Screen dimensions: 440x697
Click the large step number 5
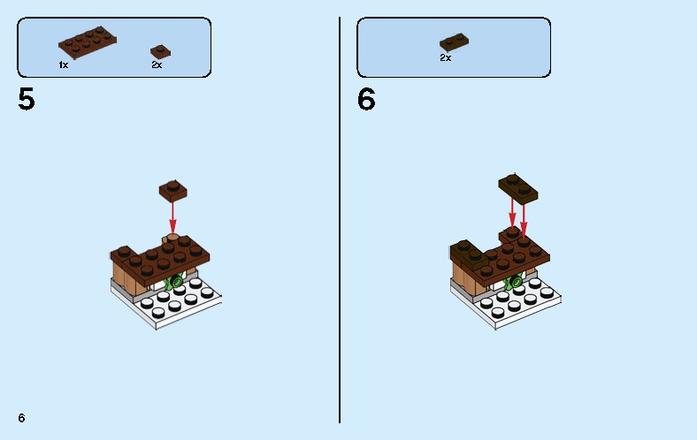click(27, 100)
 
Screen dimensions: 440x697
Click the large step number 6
click(366, 100)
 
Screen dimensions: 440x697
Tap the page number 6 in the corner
click(21, 417)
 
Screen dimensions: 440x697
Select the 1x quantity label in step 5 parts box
click(64, 65)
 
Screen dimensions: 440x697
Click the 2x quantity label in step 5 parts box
click(157, 65)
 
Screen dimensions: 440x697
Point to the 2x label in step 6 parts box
click(445, 58)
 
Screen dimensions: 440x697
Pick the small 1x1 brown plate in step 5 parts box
click(160, 51)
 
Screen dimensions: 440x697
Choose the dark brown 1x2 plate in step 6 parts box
click(454, 42)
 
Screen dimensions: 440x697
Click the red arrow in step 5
click(172, 215)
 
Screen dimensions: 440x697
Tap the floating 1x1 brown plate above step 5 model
click(172, 189)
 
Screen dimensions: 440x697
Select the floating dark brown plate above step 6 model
click(518, 187)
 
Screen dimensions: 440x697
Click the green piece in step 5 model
click(175, 284)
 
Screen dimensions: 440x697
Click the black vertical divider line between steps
click(340, 221)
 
